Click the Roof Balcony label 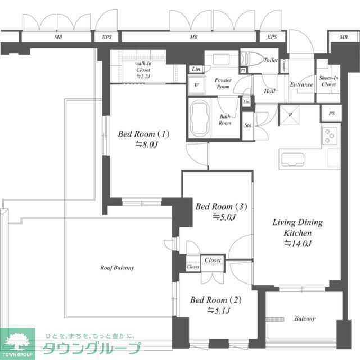click(117, 268)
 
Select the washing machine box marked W click(197, 85)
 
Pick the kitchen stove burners click(330, 136)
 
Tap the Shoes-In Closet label click(328, 81)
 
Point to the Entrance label click(301, 85)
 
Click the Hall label click(269, 91)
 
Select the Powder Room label click(223, 84)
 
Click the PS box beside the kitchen click(331, 113)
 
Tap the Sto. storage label click(248, 125)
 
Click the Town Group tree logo click(17, 341)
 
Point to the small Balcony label click(305, 319)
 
